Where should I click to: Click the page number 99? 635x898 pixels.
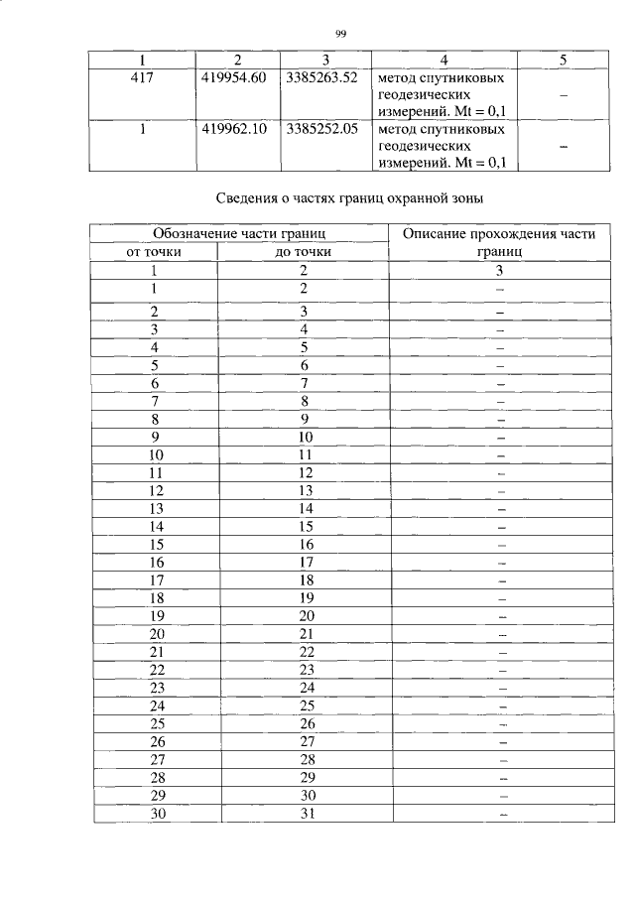point(340,34)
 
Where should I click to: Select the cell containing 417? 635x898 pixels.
point(141,77)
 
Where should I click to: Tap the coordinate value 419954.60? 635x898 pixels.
point(233,77)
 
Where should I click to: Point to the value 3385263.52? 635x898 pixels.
point(320,77)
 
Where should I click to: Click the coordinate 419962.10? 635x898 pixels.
point(233,129)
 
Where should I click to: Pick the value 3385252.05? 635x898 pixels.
point(320,129)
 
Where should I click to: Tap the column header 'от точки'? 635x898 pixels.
point(154,252)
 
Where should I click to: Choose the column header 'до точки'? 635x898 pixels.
point(303,252)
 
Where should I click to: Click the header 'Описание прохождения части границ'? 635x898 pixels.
point(500,242)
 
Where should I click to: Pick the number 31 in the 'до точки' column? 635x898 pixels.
point(306,815)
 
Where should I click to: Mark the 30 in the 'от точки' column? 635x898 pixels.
point(157,815)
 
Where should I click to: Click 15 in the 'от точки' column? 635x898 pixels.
point(157,544)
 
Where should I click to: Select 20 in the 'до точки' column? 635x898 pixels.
point(306,615)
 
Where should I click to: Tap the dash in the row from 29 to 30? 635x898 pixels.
point(502,796)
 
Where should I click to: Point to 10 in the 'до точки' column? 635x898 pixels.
point(306,437)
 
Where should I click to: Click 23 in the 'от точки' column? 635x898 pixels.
point(157,687)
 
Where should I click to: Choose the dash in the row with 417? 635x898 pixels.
point(563,95)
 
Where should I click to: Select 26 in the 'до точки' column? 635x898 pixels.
point(306,723)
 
